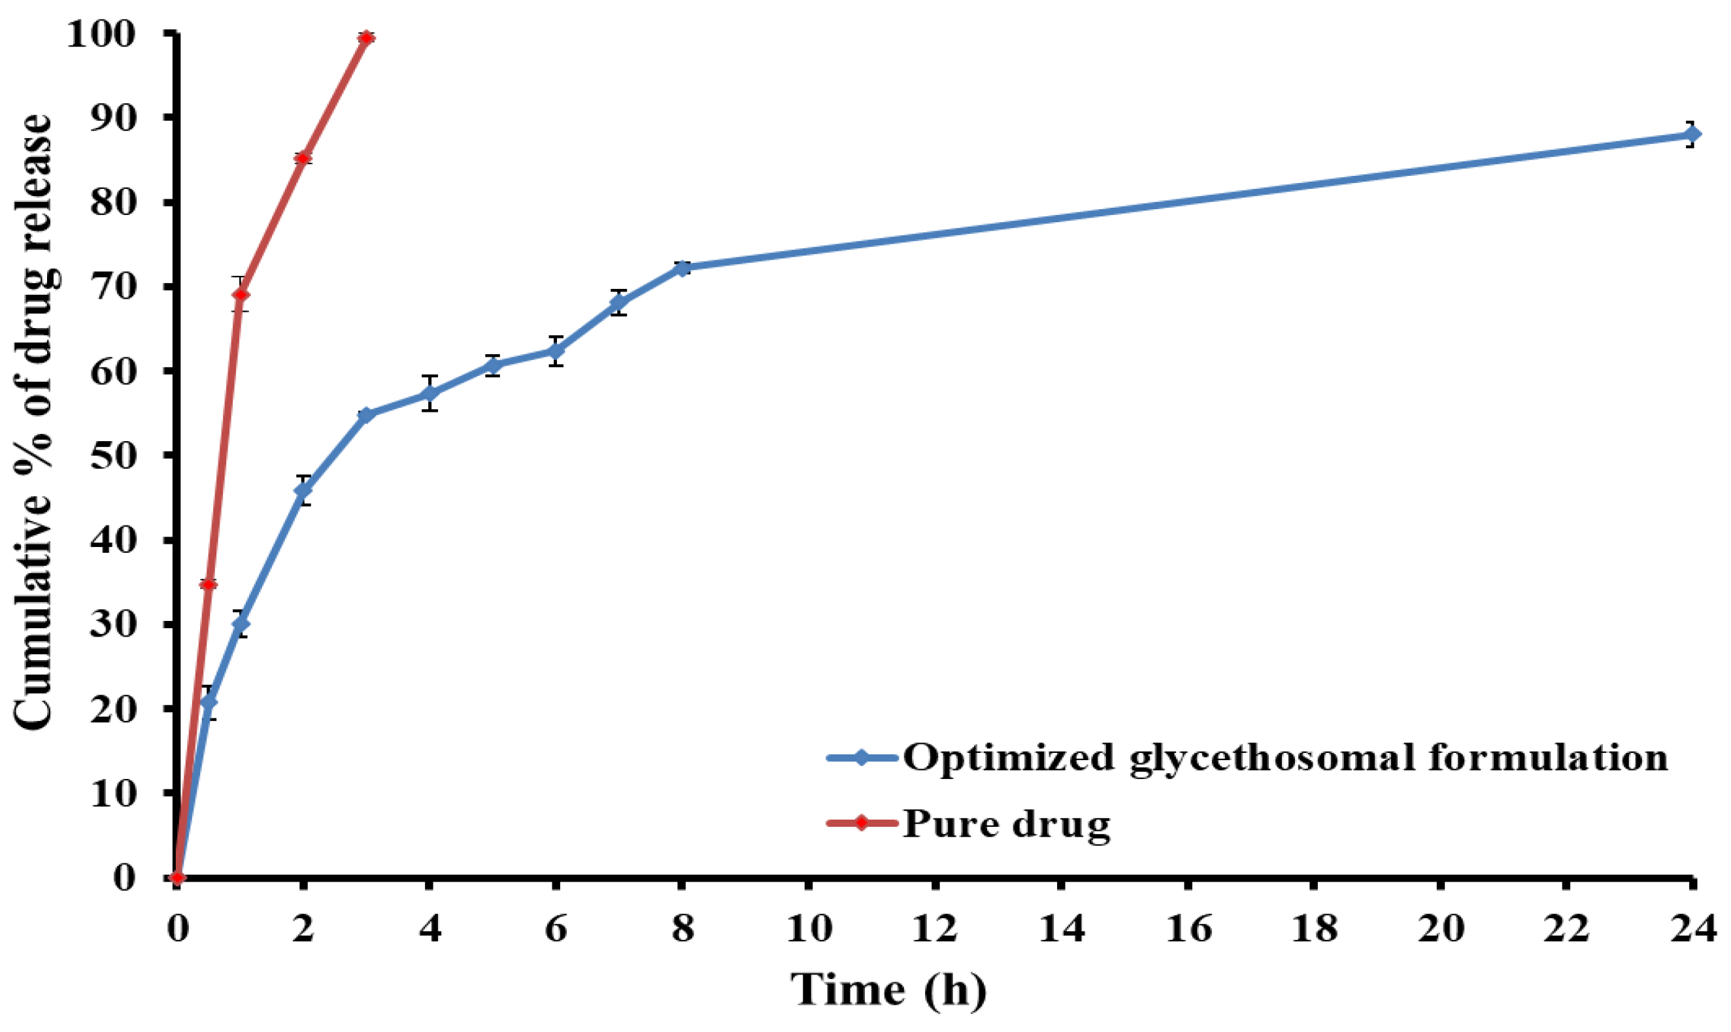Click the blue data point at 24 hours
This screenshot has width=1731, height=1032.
[1692, 134]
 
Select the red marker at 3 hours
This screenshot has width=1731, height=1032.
[367, 37]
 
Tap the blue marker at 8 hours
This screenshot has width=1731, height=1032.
[682, 268]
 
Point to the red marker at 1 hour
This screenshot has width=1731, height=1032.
[241, 294]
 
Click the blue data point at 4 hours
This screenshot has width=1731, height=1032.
[429, 393]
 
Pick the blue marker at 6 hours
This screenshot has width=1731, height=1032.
[556, 350]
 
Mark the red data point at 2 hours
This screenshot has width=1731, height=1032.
[303, 158]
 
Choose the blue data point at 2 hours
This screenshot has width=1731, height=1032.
[303, 490]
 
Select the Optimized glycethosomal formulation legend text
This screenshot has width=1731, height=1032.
[1285, 757]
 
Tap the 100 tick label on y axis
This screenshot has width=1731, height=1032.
[99, 34]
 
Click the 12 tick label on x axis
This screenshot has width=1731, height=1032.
[935, 928]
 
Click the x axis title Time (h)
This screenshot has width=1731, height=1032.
[888, 990]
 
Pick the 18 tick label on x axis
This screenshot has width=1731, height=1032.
[1314, 928]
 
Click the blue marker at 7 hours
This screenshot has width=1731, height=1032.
[619, 303]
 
